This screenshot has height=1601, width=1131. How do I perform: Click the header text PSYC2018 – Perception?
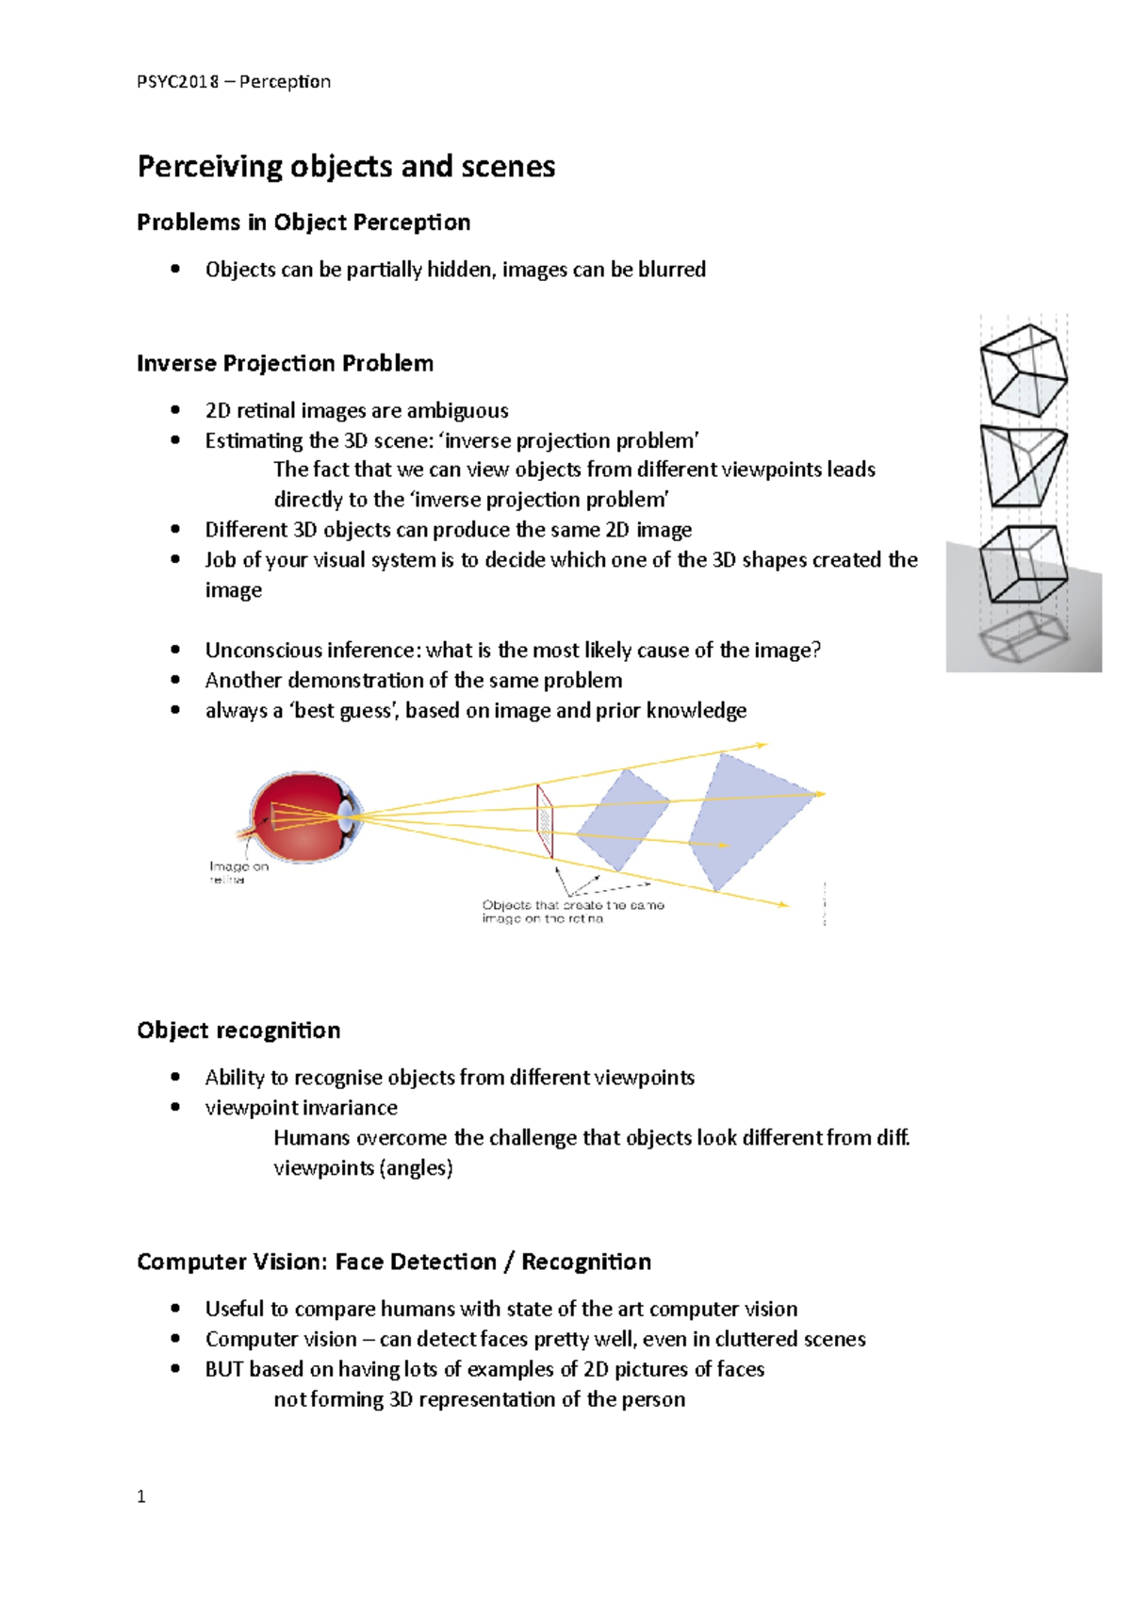pos(233,82)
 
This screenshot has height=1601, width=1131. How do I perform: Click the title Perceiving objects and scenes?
pos(346,167)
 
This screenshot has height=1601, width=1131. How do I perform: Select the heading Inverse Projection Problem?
pos(285,364)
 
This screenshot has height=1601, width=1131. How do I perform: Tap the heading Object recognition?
pos(238,1031)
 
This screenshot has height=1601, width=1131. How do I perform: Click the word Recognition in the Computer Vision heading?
pos(586,1263)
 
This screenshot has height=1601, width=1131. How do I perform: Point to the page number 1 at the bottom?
pos(141,1496)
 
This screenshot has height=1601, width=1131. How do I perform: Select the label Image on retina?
pos(238,872)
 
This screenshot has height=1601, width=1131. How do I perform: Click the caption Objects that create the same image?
pos(572,911)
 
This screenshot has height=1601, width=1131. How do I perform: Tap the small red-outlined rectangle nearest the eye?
pos(545,820)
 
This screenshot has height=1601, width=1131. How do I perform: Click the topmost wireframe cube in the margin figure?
pos(1024,370)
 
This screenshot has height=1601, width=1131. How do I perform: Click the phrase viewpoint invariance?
pos(301,1108)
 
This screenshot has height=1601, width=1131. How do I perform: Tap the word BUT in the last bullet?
pos(224,1369)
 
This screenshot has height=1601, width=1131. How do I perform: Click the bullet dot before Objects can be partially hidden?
pos(175,269)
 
